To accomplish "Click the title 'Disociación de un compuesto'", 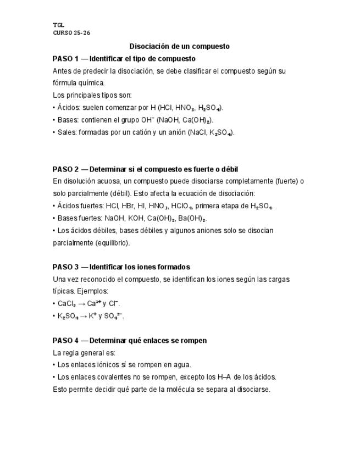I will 179,46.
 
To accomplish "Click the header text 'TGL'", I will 58,25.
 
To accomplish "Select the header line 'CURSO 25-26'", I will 71,32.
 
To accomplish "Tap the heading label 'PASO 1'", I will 65,58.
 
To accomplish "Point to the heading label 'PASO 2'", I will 65,169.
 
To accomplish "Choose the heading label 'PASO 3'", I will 65,267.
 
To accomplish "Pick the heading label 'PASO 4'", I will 65,341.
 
